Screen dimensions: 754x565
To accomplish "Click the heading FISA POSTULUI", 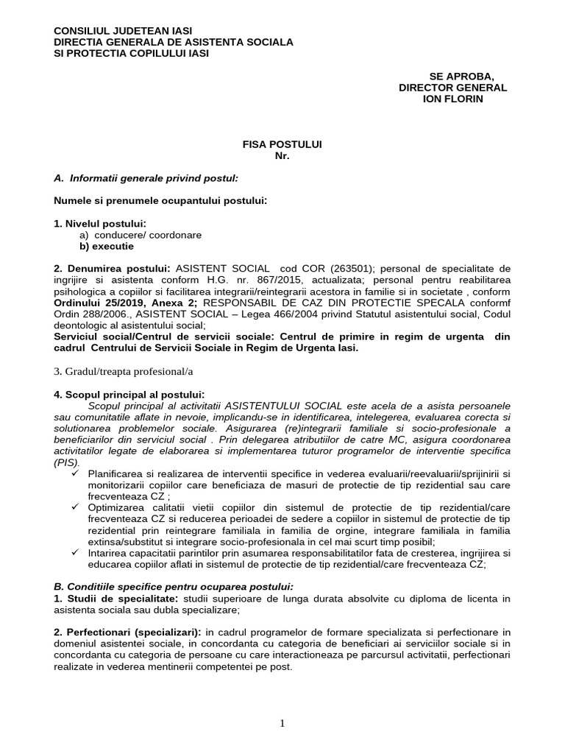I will tap(282, 145).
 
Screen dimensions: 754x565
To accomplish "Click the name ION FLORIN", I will tap(452, 99).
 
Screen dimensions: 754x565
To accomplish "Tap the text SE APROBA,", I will tap(461, 77).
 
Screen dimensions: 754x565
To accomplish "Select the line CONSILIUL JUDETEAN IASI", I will tap(124, 31).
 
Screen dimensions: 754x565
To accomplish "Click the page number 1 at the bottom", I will tap(282, 723).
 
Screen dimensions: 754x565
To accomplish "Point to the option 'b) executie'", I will tap(107, 247).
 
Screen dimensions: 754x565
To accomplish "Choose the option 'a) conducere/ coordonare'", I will tap(141, 235).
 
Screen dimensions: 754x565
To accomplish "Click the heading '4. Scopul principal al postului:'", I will tap(129, 395).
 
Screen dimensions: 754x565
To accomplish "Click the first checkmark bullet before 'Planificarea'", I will tap(77, 473).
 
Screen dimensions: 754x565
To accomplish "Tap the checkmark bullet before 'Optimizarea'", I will tap(77, 507).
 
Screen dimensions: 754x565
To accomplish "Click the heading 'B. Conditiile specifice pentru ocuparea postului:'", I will tap(174, 586).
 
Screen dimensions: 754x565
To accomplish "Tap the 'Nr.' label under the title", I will tap(282, 156).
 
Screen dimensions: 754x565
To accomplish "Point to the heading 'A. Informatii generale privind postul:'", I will tap(146, 178).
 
